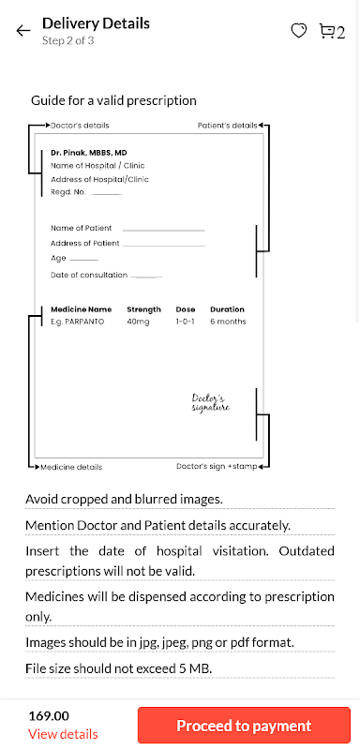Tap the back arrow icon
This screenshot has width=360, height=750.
tap(22, 31)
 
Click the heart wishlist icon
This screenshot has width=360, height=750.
tap(299, 31)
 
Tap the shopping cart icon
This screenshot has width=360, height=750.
tap(326, 31)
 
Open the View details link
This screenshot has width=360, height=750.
tap(63, 734)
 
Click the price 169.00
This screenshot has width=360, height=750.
tap(49, 716)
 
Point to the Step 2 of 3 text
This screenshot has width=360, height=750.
tap(67, 40)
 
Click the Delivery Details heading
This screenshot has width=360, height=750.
tap(97, 22)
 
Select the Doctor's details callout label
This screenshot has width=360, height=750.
tap(80, 126)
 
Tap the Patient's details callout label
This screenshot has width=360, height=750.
tap(228, 126)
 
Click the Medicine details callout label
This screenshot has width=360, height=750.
tap(71, 467)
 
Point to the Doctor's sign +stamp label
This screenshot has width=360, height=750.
tap(217, 466)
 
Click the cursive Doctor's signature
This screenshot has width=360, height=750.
tap(211, 403)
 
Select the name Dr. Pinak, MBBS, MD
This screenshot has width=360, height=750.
tap(89, 153)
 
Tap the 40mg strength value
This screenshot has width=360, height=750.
tap(138, 322)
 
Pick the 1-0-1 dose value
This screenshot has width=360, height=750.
tap(185, 322)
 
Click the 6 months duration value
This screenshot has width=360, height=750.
tap(228, 322)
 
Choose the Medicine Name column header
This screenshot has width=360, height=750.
tap(82, 309)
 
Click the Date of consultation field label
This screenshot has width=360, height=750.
tap(89, 275)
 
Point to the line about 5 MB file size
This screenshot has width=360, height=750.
tap(118, 667)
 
